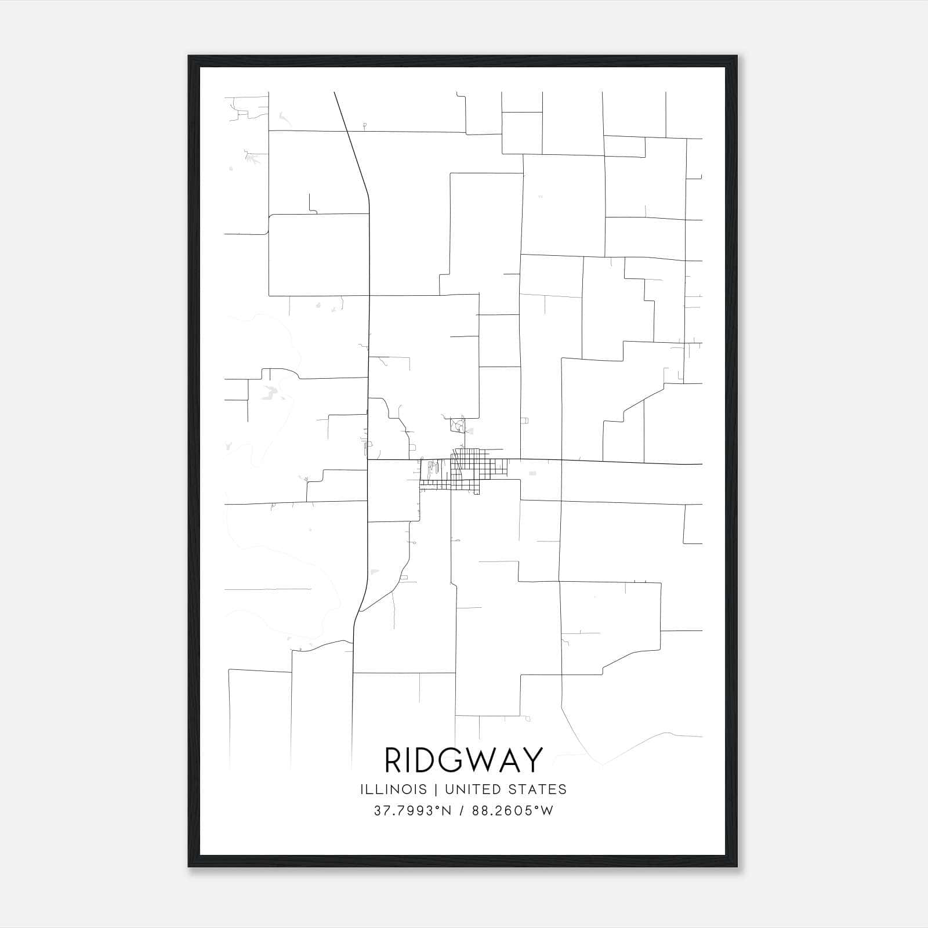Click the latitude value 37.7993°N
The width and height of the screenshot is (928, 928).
pyautogui.click(x=412, y=811)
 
